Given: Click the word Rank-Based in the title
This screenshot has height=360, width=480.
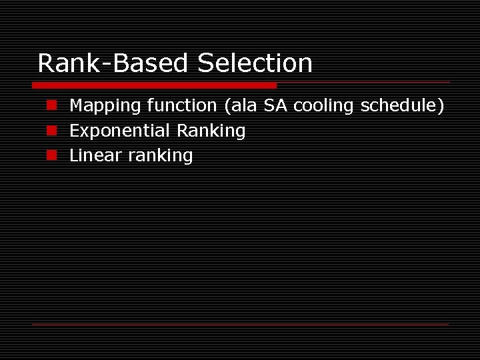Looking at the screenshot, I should [114, 63].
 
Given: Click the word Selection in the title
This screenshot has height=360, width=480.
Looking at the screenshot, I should [255, 63].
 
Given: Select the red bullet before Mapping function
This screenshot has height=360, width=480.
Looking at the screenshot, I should [51, 105].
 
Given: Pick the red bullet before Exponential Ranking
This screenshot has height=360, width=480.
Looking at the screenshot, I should [51, 131].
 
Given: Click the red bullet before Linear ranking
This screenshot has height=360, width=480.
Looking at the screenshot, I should [51, 155].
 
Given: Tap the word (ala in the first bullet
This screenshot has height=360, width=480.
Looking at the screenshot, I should [241, 105].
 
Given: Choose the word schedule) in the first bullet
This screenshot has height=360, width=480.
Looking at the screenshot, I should [403, 105].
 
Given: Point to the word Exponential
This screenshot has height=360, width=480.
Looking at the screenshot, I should [120, 131].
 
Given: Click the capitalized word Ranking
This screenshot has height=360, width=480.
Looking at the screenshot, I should [211, 131].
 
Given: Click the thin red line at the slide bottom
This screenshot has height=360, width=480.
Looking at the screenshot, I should [240, 324].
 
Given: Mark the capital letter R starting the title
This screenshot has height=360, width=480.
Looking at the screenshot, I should [46, 63].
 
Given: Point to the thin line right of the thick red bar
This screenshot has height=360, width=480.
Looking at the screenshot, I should [363, 83].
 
